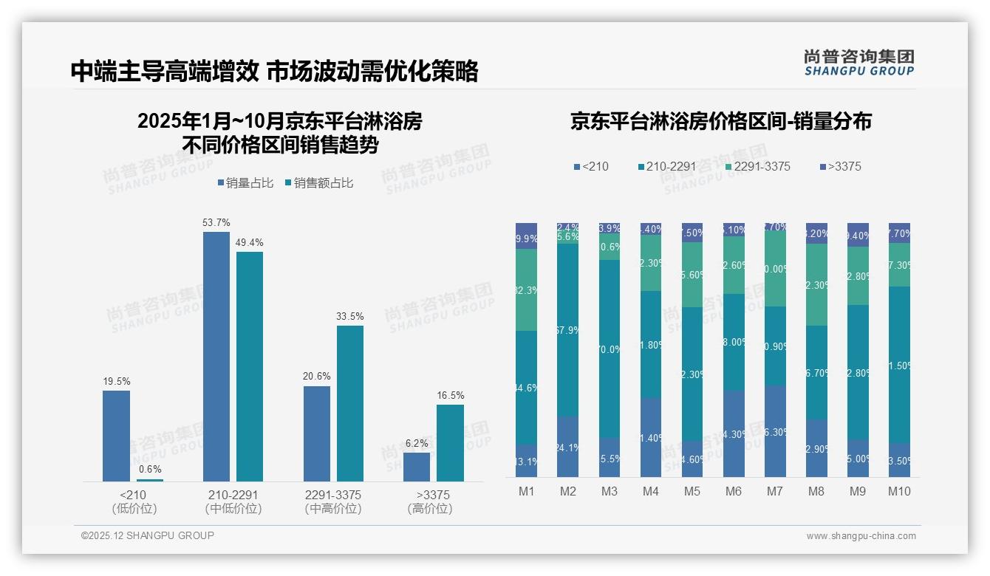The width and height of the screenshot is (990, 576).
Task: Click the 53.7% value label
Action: click(216, 222)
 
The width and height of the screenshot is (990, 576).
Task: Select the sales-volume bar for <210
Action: click(116, 436)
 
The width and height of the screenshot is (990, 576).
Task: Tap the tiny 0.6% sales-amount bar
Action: click(150, 480)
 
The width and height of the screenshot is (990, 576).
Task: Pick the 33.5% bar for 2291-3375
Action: click(349, 403)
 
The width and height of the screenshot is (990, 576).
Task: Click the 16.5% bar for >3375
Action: click(450, 443)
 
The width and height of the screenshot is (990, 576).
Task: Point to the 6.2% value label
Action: click(417, 443)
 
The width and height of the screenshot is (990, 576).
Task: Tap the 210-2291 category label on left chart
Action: click(233, 495)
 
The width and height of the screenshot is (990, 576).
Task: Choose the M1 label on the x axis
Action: click(526, 492)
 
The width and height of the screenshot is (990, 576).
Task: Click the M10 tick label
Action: click(899, 492)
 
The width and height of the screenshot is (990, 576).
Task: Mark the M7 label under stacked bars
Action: click(774, 492)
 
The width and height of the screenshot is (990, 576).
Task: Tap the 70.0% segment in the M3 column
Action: click(610, 349)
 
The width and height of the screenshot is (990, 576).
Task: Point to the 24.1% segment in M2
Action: click(567, 446)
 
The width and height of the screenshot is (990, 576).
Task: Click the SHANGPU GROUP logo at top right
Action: click(858, 63)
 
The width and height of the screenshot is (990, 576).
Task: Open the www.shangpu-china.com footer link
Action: click(861, 536)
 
